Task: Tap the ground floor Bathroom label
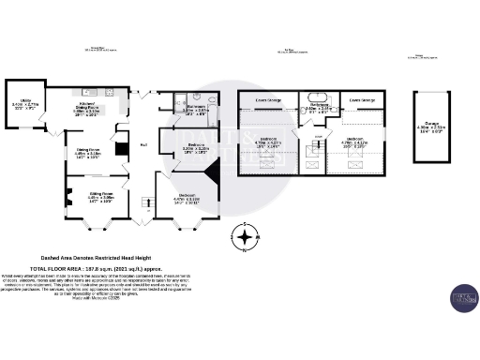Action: (x=196, y=110)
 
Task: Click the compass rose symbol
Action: (x=245, y=237)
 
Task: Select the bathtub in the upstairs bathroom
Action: (x=310, y=97)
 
